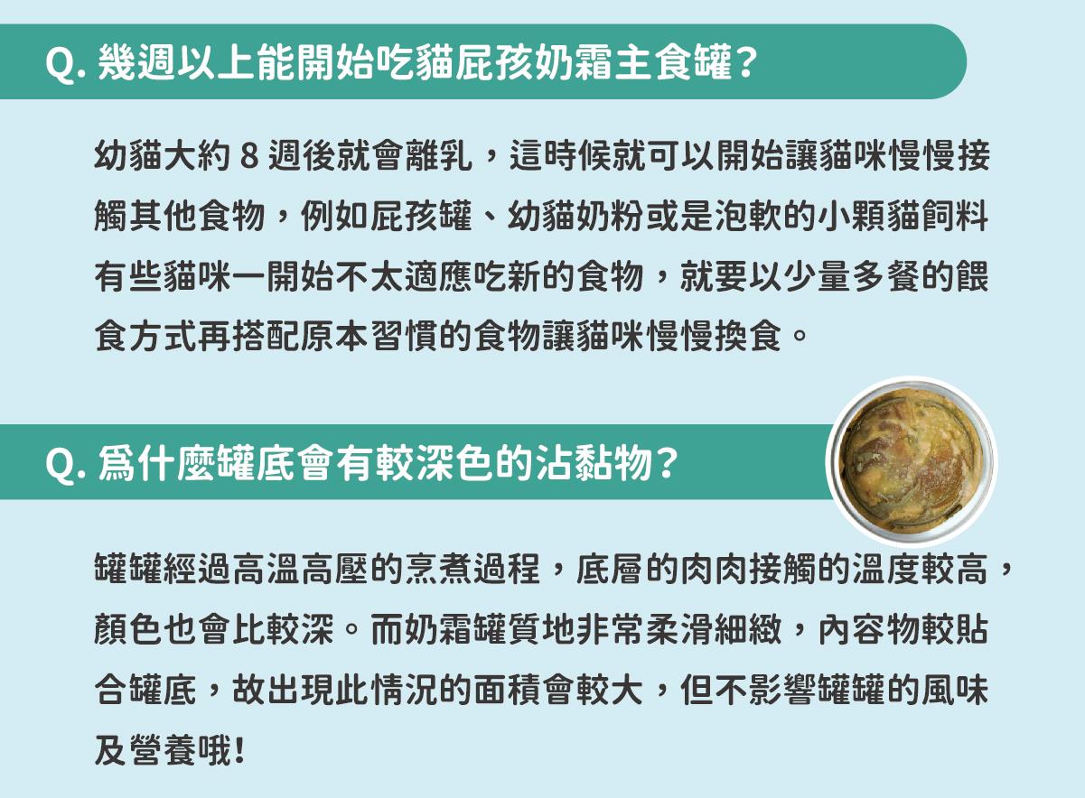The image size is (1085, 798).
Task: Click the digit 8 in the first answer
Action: click(249, 156)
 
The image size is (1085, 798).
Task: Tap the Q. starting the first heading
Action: click(65, 64)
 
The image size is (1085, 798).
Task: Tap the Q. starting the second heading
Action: click(65, 465)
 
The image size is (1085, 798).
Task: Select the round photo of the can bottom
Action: click(912, 461)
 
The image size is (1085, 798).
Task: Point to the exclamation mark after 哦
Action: click(239, 750)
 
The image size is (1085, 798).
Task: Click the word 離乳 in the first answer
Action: click(439, 156)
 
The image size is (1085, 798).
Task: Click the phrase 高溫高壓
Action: click(301, 569)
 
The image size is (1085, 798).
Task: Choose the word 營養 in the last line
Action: click(164, 750)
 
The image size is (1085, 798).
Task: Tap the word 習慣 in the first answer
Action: click(405, 337)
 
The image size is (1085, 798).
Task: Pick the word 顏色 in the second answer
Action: click(127, 629)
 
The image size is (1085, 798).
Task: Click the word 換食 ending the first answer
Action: click(748, 337)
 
